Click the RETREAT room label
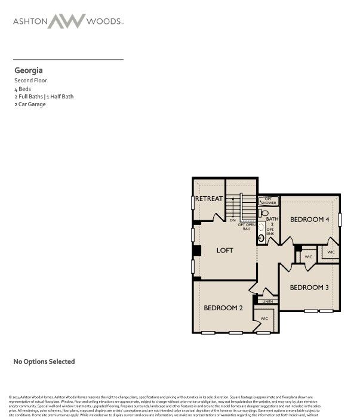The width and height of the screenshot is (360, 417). pos(209,199)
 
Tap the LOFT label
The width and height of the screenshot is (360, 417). pos(224,251)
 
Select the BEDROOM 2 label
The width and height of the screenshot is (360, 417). pos(223,308)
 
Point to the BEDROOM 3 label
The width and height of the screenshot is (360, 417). pos(309,288)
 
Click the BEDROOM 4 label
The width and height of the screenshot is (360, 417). pos(309,220)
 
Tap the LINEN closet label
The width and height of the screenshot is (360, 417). pos(267,302)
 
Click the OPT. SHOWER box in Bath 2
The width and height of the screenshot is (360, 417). pos(269,201)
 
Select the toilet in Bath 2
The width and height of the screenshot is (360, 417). pos(264,213)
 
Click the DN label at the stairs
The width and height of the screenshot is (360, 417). pos(232,221)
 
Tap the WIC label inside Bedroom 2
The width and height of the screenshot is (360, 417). pos(264,319)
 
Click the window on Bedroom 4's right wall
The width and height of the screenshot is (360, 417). pos(340,219)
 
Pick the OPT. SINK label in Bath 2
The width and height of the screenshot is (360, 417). pos(270,232)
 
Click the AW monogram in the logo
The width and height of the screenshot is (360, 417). pos(66,21)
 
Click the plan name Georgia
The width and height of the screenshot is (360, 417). pos(29,70)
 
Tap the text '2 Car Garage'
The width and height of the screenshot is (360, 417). pos(30,104)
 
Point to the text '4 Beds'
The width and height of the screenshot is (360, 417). pos(23,88)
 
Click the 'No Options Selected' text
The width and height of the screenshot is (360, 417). pos(44,362)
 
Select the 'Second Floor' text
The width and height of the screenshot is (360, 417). pos(31,81)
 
